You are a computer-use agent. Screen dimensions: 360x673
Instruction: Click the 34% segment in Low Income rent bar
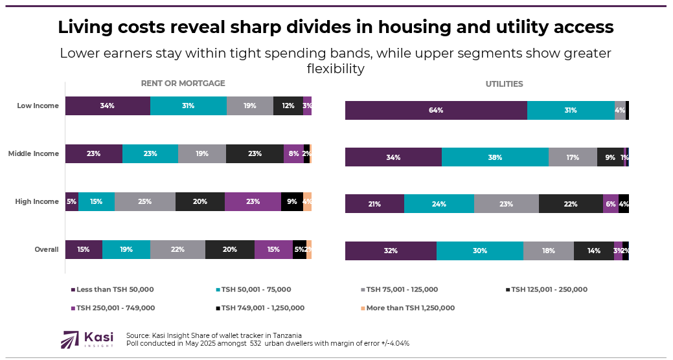[x=108, y=106]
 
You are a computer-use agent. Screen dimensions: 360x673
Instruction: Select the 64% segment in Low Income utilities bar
[x=436, y=111]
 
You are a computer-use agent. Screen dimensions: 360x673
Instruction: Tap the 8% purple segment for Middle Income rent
[x=293, y=153]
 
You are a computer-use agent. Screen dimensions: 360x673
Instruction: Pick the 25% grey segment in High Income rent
[x=144, y=201]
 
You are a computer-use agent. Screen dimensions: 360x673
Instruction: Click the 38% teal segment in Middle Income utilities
[x=495, y=157]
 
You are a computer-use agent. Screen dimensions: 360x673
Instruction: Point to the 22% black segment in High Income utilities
[x=571, y=204]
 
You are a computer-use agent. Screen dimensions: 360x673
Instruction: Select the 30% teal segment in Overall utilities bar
[x=479, y=251]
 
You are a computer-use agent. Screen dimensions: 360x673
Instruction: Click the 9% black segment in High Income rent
[x=292, y=201]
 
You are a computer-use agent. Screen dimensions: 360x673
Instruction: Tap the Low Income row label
[x=38, y=106]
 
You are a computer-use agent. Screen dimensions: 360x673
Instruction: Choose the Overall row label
[x=47, y=249]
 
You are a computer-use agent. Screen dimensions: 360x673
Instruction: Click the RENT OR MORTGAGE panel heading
[x=183, y=84]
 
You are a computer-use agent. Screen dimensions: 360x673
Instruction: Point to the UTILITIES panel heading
[x=504, y=84]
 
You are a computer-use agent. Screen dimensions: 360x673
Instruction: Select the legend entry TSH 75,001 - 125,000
[x=402, y=289]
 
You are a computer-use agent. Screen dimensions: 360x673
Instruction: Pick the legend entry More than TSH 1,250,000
[x=410, y=308]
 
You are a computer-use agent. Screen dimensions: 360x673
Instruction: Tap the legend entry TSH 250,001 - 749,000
[x=115, y=308]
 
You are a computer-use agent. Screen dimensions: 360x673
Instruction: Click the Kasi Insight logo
[x=87, y=339]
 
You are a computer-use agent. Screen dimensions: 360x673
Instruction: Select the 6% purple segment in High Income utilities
[x=610, y=204]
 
